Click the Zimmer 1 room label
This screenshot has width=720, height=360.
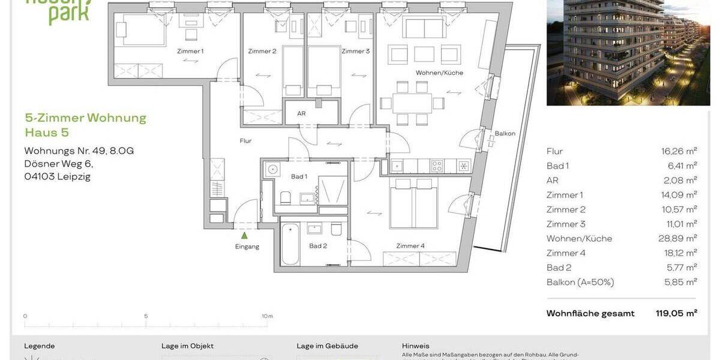pos(190,51)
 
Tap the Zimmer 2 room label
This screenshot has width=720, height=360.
pos(262,51)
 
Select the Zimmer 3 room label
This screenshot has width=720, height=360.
pos(355,51)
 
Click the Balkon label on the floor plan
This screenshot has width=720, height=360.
pos(505,134)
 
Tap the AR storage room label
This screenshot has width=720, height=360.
pos(302,113)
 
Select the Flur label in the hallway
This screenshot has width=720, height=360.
pos(245,141)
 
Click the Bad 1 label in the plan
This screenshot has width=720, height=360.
pos(299,176)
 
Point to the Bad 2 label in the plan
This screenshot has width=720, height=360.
pos(317,245)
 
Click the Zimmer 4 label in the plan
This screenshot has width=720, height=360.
pos(410,245)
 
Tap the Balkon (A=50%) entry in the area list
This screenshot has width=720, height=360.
pos(580,282)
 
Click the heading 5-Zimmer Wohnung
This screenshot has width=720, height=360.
pos(85,118)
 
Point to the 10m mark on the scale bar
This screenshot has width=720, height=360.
pos(267,316)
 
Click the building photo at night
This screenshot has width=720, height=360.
pos(628,53)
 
